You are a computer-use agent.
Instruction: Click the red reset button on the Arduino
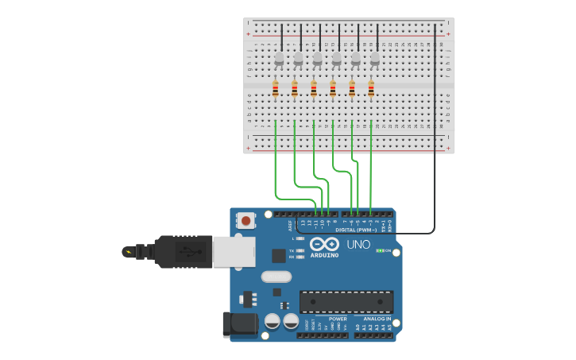point(246,220)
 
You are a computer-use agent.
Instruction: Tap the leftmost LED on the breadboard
point(279,59)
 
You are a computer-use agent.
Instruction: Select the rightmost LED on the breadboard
point(375,59)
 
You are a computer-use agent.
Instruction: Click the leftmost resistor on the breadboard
point(276,89)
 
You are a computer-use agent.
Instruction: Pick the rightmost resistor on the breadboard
point(371,89)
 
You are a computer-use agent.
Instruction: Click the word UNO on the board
point(358,245)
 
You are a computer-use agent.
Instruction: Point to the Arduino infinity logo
point(324,244)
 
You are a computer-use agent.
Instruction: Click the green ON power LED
point(380,250)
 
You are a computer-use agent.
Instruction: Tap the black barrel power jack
point(239,324)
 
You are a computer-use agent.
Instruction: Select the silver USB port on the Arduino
point(234,251)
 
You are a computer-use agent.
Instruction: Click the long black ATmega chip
point(346,302)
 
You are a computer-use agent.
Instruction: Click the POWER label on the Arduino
point(338,319)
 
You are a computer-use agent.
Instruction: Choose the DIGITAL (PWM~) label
point(356,230)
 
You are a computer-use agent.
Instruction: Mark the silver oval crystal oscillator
point(276,277)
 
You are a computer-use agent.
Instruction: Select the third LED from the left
point(318,59)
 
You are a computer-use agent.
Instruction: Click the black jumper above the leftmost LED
point(282,37)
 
